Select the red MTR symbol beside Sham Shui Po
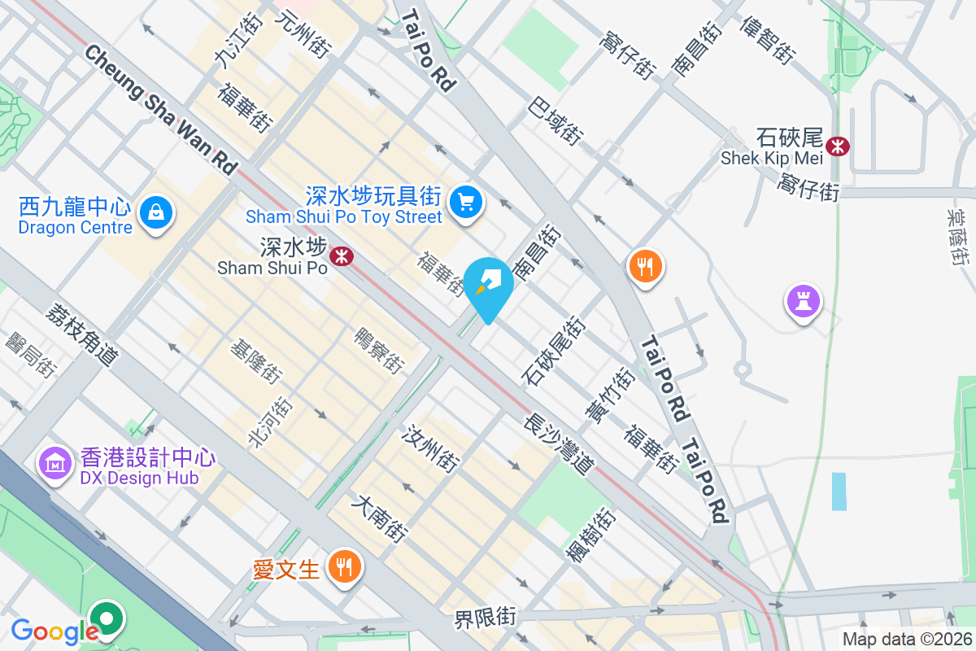click(341, 257)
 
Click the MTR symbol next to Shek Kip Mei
click(837, 146)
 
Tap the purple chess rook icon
click(803, 302)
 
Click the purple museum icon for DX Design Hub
click(54, 464)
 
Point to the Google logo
click(54, 631)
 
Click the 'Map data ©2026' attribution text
click(907, 639)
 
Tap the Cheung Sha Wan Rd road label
click(159, 110)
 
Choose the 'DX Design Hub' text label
click(139, 478)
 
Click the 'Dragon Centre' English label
click(75, 228)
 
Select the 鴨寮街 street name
click(379, 351)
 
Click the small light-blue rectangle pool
click(839, 491)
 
